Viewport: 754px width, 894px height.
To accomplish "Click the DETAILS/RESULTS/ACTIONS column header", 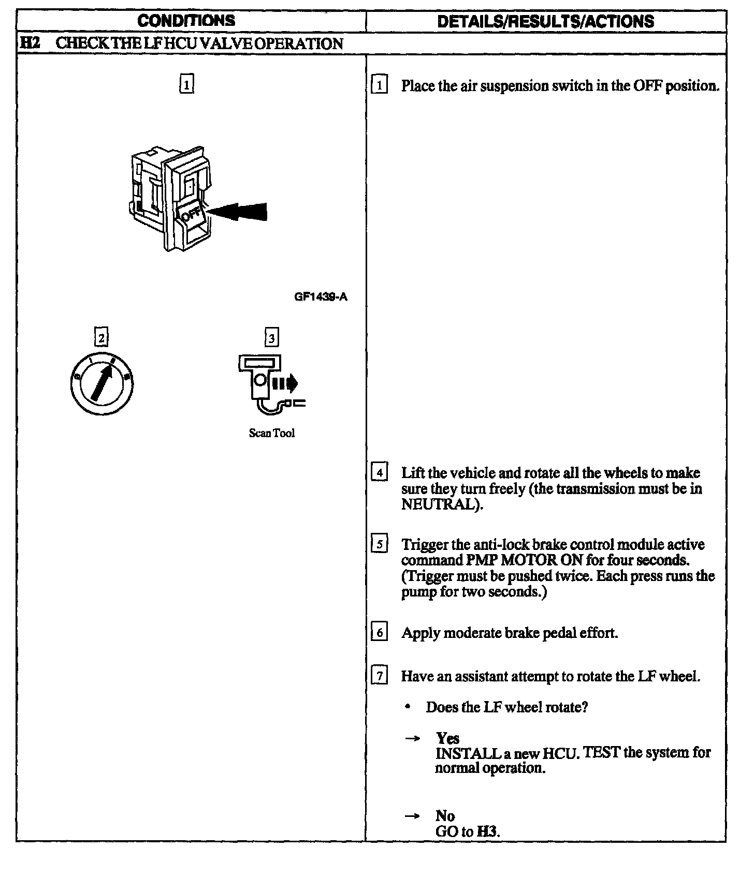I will click(545, 21).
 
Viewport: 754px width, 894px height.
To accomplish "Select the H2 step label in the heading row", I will click(29, 43).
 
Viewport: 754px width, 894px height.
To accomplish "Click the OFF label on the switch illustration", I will click(192, 213).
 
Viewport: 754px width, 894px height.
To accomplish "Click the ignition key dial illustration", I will click(102, 383).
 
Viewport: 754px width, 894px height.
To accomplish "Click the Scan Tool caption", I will click(271, 433).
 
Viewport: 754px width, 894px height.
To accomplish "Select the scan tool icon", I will click(269, 383).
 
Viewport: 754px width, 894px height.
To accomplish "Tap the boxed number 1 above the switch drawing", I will click(186, 84).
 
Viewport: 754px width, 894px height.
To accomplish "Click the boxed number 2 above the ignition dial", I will click(102, 338).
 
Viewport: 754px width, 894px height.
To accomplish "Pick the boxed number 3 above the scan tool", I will click(271, 338).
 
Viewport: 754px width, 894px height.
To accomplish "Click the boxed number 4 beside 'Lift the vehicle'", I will click(380, 473).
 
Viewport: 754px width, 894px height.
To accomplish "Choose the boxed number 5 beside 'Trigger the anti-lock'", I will click(380, 545).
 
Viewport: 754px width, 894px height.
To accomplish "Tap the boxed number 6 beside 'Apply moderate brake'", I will click(380, 633).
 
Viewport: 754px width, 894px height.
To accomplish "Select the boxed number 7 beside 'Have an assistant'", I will click(380, 676).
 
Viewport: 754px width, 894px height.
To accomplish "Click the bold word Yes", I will click(447, 738).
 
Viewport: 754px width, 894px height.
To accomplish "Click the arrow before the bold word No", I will click(412, 816).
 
